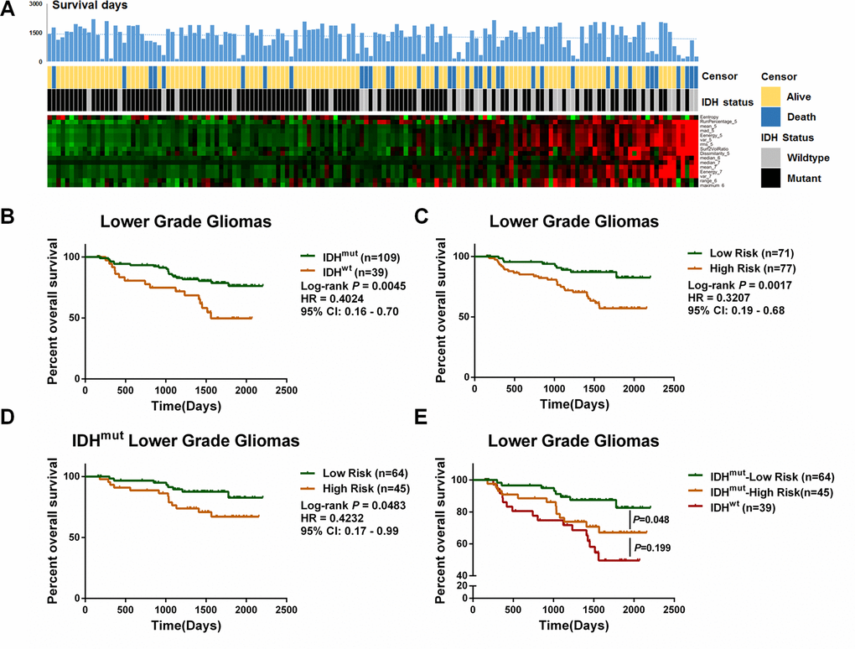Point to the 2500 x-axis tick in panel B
click(x=287, y=391)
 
